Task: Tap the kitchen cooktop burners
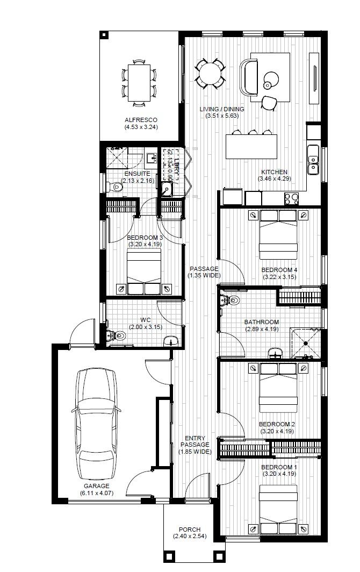291,199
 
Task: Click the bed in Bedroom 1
278,508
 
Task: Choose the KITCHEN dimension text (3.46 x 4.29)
274,178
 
